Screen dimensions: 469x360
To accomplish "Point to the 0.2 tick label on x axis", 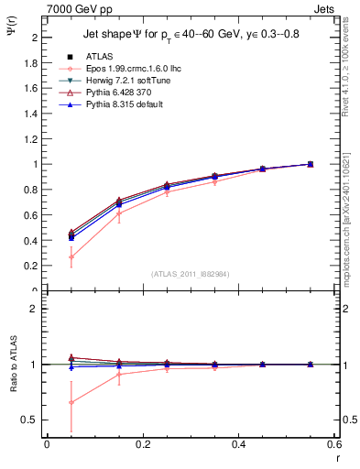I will tap(142, 444).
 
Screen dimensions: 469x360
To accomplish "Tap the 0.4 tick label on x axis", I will tap(238, 444).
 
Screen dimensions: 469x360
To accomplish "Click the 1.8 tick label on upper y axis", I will tap(32, 63).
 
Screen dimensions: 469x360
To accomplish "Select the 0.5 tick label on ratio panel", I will tap(32, 420).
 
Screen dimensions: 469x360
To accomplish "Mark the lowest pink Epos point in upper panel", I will tap(71, 256).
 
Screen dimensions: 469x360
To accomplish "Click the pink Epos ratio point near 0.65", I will tap(71, 402).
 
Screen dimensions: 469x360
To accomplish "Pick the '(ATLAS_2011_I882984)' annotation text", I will tap(190, 273).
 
